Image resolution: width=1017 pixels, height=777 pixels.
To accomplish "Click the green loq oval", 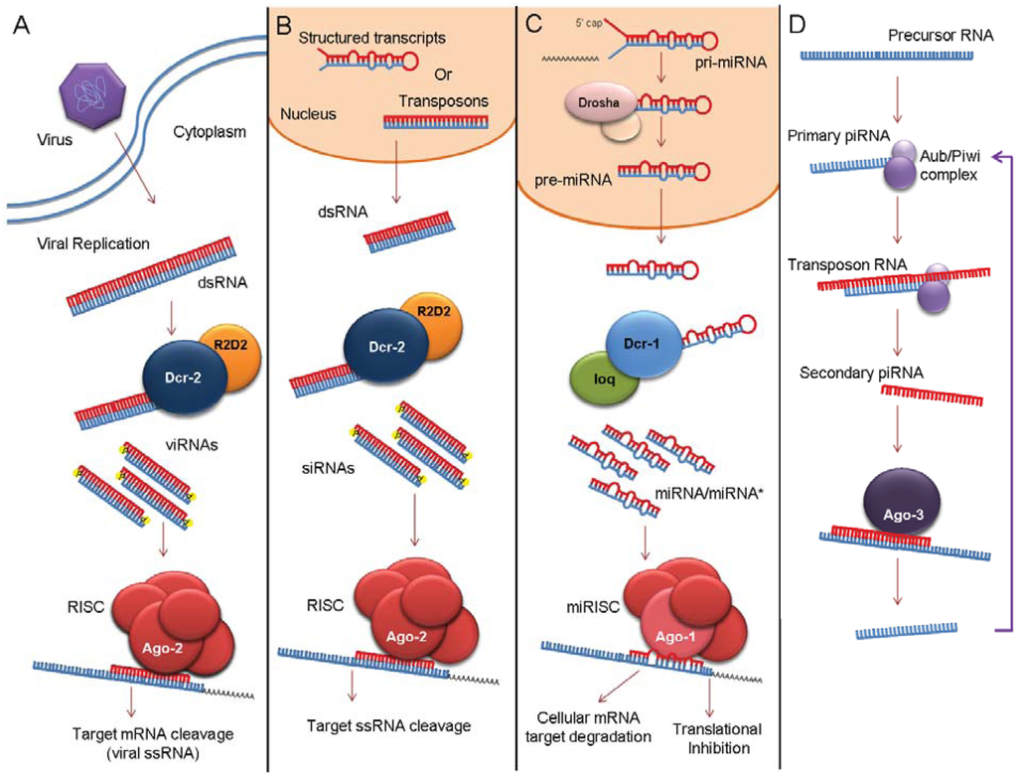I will click(x=596, y=380).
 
